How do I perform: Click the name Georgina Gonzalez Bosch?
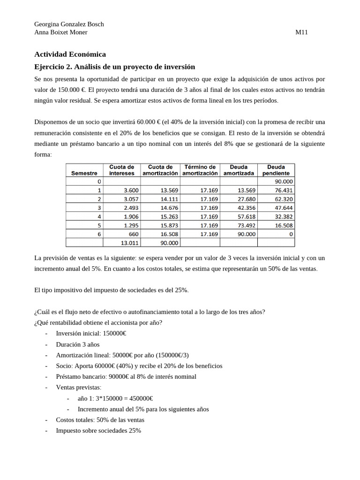click(69, 24)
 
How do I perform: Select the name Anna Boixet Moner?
click(61, 32)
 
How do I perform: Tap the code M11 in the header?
click(301, 32)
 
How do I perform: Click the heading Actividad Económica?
click(70, 54)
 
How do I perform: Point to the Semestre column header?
click(84, 173)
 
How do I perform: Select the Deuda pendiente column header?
click(276, 170)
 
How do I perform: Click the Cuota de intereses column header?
click(122, 170)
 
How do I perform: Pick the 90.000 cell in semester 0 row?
click(284, 181)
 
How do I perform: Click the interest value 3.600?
click(131, 190)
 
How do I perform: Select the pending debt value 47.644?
click(284, 208)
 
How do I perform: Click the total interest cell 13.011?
click(130, 243)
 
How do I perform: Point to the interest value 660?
click(134, 234)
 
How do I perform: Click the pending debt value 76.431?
click(284, 190)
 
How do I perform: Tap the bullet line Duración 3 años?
click(78, 344)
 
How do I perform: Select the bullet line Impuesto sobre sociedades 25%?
click(98, 430)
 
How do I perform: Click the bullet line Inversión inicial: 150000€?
click(91, 333)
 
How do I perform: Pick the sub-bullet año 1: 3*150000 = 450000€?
click(115, 398)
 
